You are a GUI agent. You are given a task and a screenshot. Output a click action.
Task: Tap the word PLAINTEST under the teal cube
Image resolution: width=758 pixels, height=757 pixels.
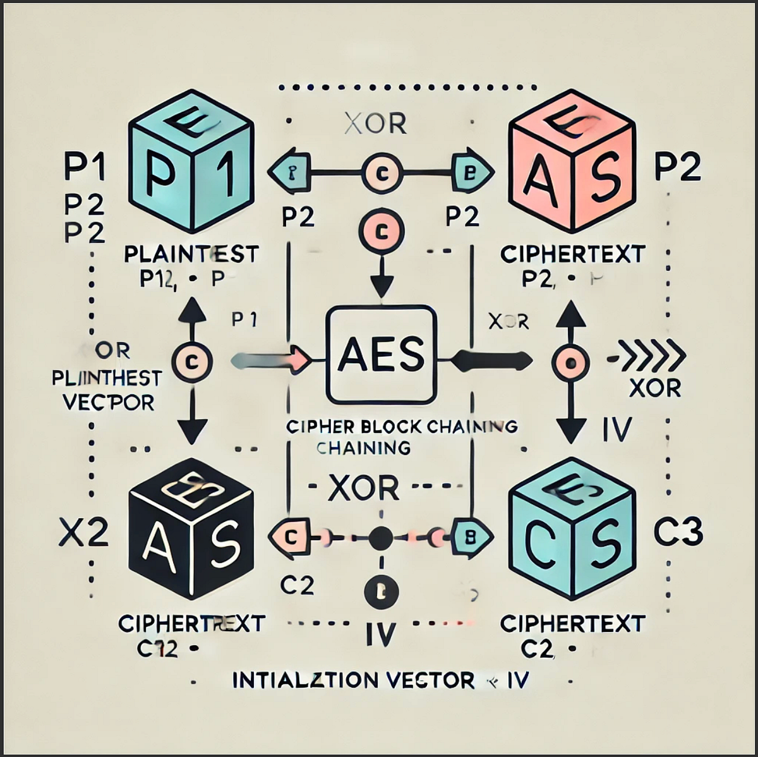[x=191, y=254]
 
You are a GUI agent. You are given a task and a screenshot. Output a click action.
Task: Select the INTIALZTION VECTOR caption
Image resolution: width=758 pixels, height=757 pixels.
[x=353, y=680]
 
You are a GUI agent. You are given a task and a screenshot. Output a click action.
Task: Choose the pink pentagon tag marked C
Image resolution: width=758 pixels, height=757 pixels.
[x=291, y=537]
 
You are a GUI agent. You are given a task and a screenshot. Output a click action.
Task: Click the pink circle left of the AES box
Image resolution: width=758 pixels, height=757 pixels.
[x=193, y=361]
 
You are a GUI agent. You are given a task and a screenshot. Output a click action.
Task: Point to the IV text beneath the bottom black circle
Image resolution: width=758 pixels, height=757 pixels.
[x=380, y=633]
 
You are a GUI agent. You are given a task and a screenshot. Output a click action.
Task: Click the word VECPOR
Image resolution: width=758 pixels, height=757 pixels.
[x=109, y=402]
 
